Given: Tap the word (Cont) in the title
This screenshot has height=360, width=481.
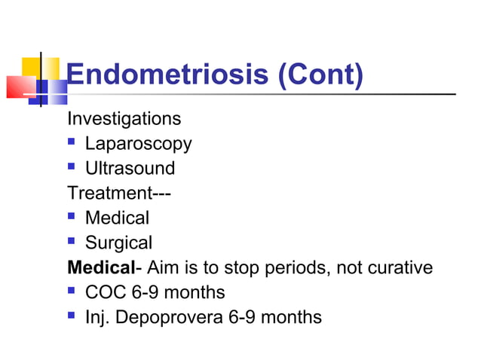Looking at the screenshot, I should click(321, 75).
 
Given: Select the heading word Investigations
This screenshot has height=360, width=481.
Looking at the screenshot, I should click(124, 119).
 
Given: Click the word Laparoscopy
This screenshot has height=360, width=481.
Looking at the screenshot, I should click(138, 144).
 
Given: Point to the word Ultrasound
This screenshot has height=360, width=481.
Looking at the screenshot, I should click(130, 168).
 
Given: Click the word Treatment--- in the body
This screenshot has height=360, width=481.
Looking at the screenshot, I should click(119, 193).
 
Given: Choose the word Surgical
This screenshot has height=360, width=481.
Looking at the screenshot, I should click(118, 243).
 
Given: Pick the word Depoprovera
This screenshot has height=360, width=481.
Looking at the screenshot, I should click(170, 317).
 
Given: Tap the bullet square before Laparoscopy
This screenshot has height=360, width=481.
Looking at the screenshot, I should click(72, 143).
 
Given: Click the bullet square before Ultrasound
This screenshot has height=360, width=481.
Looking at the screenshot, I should click(72, 167).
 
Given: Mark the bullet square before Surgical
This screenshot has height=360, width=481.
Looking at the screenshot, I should click(72, 242).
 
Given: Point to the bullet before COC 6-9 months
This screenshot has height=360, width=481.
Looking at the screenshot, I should click(72, 291).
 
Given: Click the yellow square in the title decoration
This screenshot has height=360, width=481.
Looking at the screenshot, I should click(41, 67).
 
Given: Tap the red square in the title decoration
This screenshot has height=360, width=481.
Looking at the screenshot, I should click(20, 87).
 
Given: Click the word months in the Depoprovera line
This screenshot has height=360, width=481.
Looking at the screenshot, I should click(292, 317).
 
